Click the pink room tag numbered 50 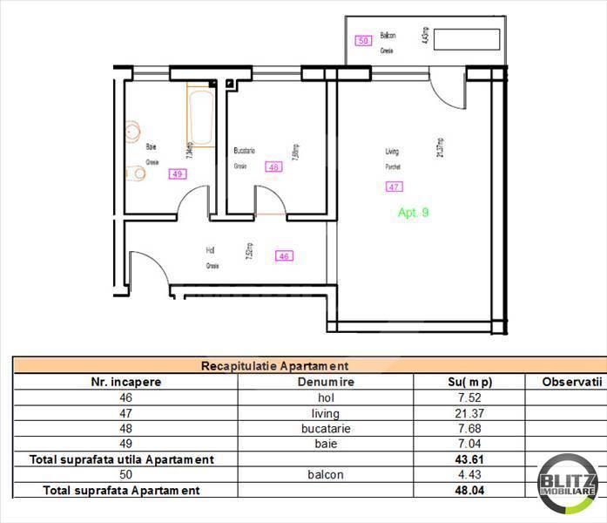(x=364, y=40)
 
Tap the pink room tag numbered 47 (x=394, y=186)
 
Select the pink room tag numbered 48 (x=274, y=167)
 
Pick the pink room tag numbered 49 (x=177, y=173)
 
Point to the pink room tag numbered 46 (x=283, y=256)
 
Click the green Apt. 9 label (x=413, y=212)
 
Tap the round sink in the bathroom (x=132, y=132)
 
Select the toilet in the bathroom (x=135, y=173)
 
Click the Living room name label (x=393, y=152)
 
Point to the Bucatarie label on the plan (x=245, y=151)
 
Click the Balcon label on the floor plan (x=388, y=36)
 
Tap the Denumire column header (x=326, y=382)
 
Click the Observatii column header (x=572, y=382)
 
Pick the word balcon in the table (x=326, y=475)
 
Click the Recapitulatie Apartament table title (x=275, y=367)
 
